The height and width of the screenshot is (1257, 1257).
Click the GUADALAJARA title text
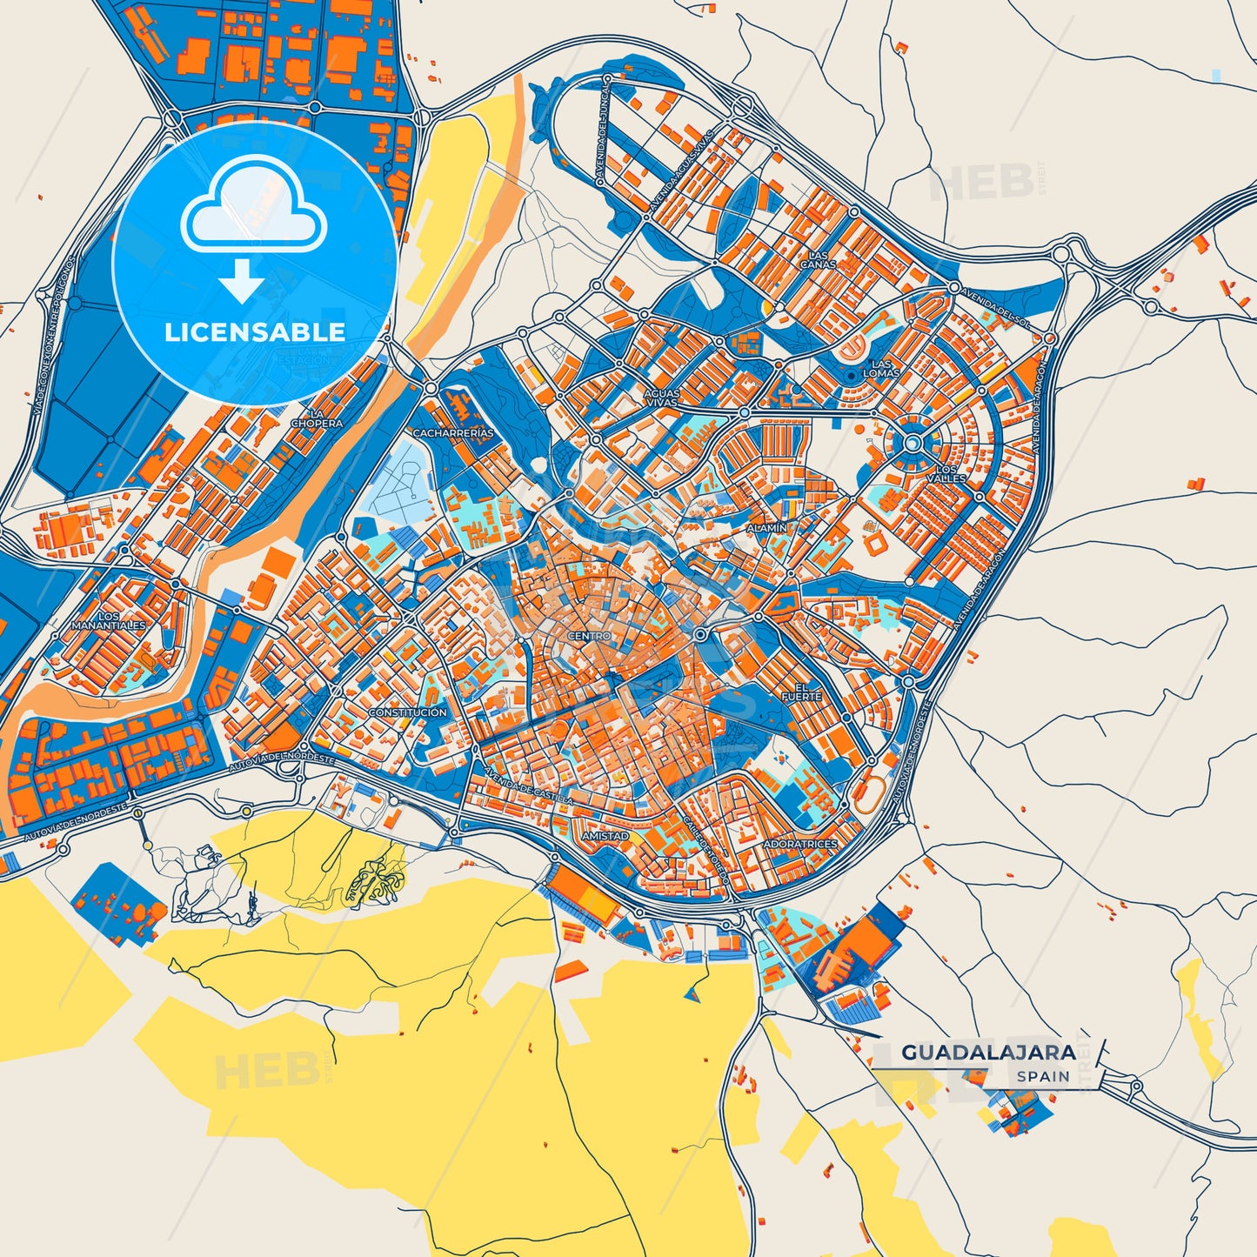(x=988, y=1052)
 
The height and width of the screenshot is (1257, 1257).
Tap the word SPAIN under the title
(x=1043, y=1076)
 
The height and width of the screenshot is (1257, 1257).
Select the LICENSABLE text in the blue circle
(x=255, y=331)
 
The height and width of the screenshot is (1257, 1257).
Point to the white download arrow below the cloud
(x=241, y=280)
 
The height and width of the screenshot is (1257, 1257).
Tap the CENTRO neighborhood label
(x=589, y=636)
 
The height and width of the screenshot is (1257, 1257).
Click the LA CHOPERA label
(x=317, y=418)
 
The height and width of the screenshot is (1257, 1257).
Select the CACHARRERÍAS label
(x=452, y=432)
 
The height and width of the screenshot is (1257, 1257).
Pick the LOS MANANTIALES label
(x=109, y=620)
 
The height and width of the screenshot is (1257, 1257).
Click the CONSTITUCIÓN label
(x=407, y=712)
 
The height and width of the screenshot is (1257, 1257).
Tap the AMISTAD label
(x=605, y=836)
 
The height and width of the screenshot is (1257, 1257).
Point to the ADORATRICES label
(x=799, y=844)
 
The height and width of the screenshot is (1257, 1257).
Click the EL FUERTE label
(x=801, y=692)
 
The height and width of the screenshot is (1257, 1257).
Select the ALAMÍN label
(x=766, y=528)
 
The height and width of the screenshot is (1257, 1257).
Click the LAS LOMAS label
(x=880, y=368)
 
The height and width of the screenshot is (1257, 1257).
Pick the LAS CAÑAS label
(x=818, y=259)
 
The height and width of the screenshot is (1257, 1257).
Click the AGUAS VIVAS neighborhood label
(x=661, y=398)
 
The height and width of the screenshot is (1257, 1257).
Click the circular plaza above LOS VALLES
(x=912, y=444)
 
